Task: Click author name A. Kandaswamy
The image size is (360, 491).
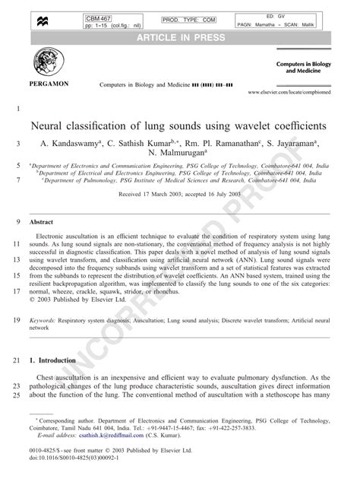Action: (74, 142)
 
